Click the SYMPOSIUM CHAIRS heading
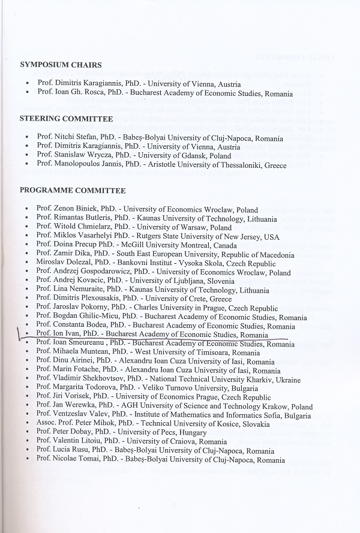pos(61,64)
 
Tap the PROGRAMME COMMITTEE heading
pos(73,191)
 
